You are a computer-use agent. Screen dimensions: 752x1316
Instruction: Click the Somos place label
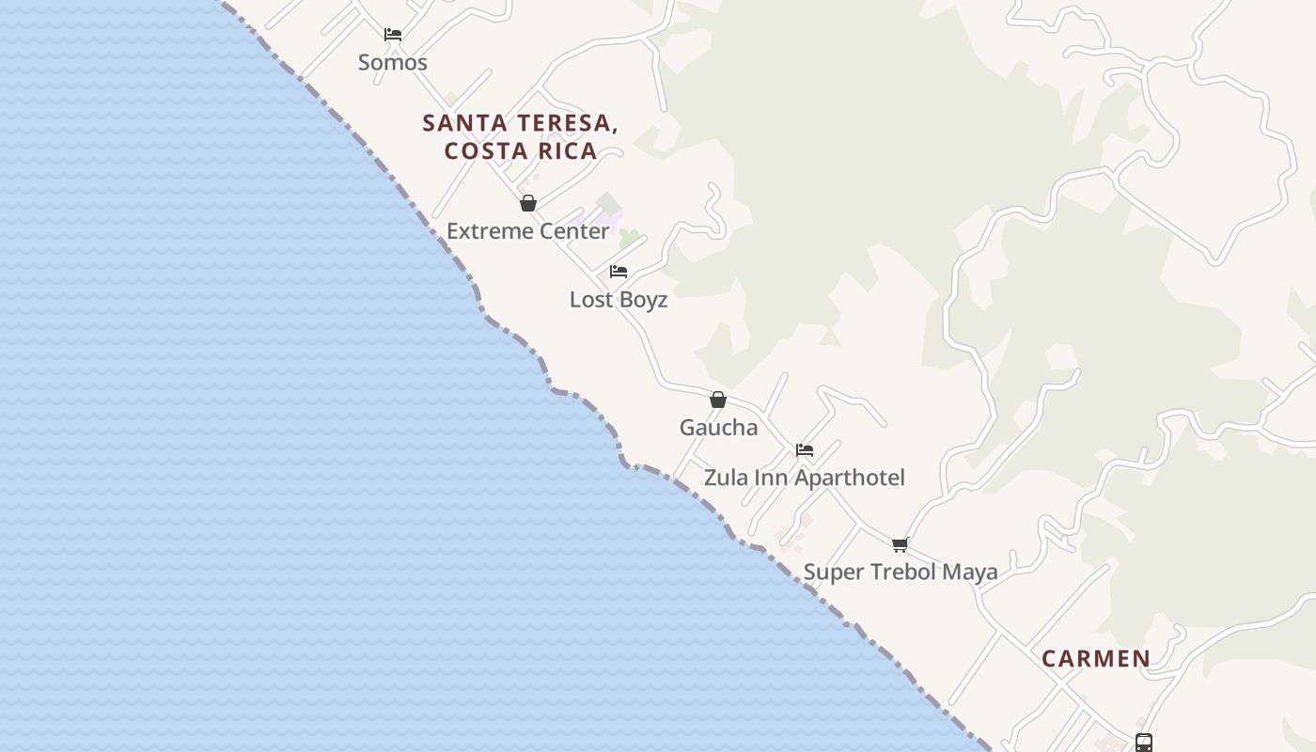pos(393,63)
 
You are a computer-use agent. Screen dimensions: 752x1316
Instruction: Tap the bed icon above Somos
pos(393,35)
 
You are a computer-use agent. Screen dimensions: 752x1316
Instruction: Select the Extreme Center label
pos(527,231)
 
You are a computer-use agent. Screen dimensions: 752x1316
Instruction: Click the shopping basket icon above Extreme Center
pos(528,203)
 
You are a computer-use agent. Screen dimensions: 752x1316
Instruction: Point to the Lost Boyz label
pos(619,300)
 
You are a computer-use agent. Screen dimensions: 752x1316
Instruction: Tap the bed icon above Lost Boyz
pos(619,272)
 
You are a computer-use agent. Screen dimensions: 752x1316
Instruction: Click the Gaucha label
pos(718,428)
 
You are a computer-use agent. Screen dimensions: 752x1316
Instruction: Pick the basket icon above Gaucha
pos(718,399)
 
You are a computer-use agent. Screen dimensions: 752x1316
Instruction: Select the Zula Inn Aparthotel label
pos(805,478)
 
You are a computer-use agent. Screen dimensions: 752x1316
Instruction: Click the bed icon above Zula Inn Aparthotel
pos(805,450)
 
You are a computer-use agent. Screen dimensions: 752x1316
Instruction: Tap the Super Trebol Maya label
pos(901,572)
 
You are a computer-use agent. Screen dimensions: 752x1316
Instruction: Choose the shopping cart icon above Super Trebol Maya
pos(901,544)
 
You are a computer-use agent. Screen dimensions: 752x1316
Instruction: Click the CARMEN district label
pos(1096,659)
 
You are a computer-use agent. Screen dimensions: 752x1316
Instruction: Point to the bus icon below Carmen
pos(1144,743)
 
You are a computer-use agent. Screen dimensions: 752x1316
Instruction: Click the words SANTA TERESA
pos(520,123)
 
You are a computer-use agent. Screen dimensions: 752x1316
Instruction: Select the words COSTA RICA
pos(521,151)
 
